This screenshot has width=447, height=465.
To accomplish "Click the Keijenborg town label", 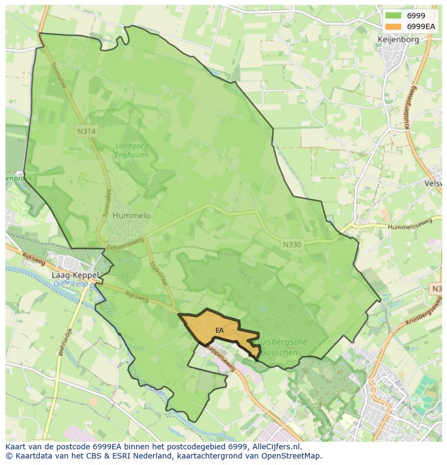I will (398, 39).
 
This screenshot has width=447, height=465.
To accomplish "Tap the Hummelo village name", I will (131, 215).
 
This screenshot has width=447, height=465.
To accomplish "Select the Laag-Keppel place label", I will (75, 274).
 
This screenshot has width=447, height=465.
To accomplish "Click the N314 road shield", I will (86, 131).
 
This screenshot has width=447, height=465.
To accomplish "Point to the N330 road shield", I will (292, 244).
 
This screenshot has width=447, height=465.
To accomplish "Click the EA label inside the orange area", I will (219, 330).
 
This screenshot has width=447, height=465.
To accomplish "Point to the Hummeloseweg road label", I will (410, 224).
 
